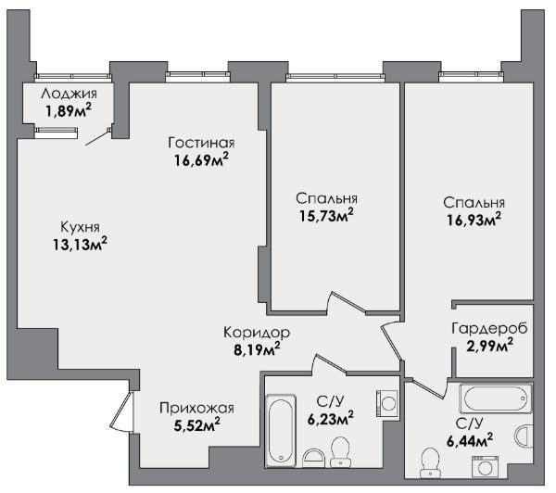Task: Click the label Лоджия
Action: tap(69, 94)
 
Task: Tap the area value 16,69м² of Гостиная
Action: tap(201, 160)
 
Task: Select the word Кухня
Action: tap(80, 227)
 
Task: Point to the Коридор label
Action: tap(257, 333)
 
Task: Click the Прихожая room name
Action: tap(196, 409)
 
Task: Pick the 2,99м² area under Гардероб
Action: tap(489, 345)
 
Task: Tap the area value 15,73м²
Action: tap(326, 215)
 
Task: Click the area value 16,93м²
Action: tap(474, 220)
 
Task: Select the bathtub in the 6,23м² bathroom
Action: tap(281, 431)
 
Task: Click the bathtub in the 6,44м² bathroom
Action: tap(496, 398)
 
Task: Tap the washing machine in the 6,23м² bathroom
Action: tap(386, 403)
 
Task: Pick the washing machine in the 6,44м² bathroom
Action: tap(485, 467)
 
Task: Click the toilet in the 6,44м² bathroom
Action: tap(430, 462)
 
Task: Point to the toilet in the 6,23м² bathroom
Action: tap(340, 451)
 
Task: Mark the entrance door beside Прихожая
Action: tap(121, 411)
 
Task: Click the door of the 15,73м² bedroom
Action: tap(347, 303)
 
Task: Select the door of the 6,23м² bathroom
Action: tap(329, 364)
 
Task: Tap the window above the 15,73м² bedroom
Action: tap(335, 77)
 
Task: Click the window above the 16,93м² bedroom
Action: tap(472, 76)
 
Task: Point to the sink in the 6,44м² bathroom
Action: tap(524, 437)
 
